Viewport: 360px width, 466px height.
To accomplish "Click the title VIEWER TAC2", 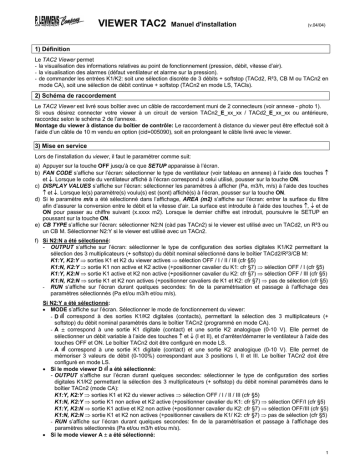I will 147,14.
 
